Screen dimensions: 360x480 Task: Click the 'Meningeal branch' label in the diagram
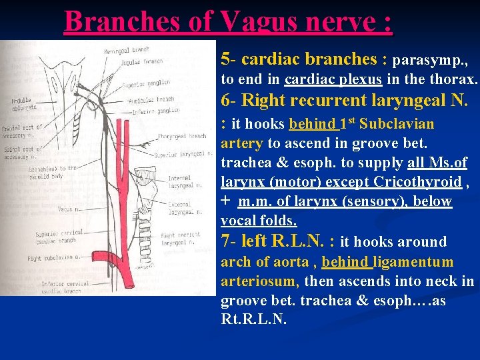[127, 51]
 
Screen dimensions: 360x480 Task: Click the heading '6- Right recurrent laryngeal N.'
[345, 101]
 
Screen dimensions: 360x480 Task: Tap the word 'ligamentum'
[414, 262]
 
